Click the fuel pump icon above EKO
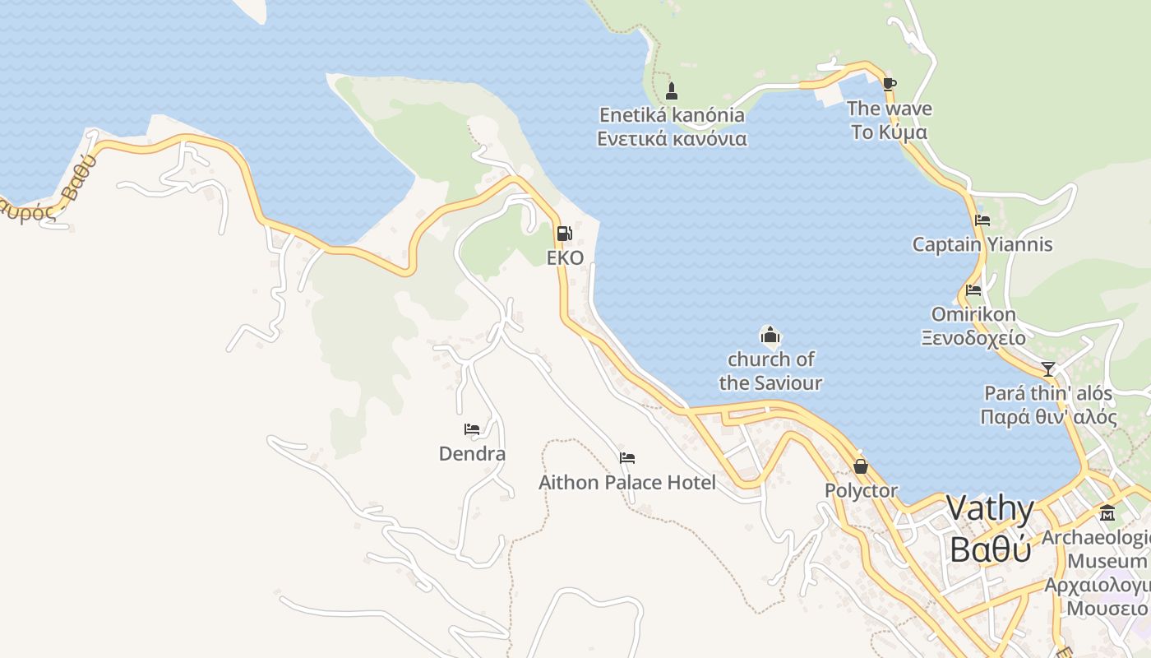click(565, 234)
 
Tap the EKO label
click(566, 258)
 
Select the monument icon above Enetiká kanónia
click(672, 90)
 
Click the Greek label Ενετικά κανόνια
click(672, 138)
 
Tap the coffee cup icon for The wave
click(889, 83)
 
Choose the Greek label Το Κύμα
click(889, 132)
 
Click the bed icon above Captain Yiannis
click(982, 220)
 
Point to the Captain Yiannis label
click(982, 244)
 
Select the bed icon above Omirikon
click(973, 290)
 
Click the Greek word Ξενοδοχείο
click(973, 337)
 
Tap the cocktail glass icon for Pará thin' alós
click(1047, 368)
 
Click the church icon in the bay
click(770, 335)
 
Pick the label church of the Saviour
click(770, 371)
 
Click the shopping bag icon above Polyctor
click(861, 466)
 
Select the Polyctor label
click(861, 491)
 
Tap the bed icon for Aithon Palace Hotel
click(627, 458)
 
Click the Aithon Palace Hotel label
click(627, 482)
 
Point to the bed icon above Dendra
click(472, 429)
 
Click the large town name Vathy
click(990, 508)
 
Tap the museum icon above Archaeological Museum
click(1107, 512)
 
